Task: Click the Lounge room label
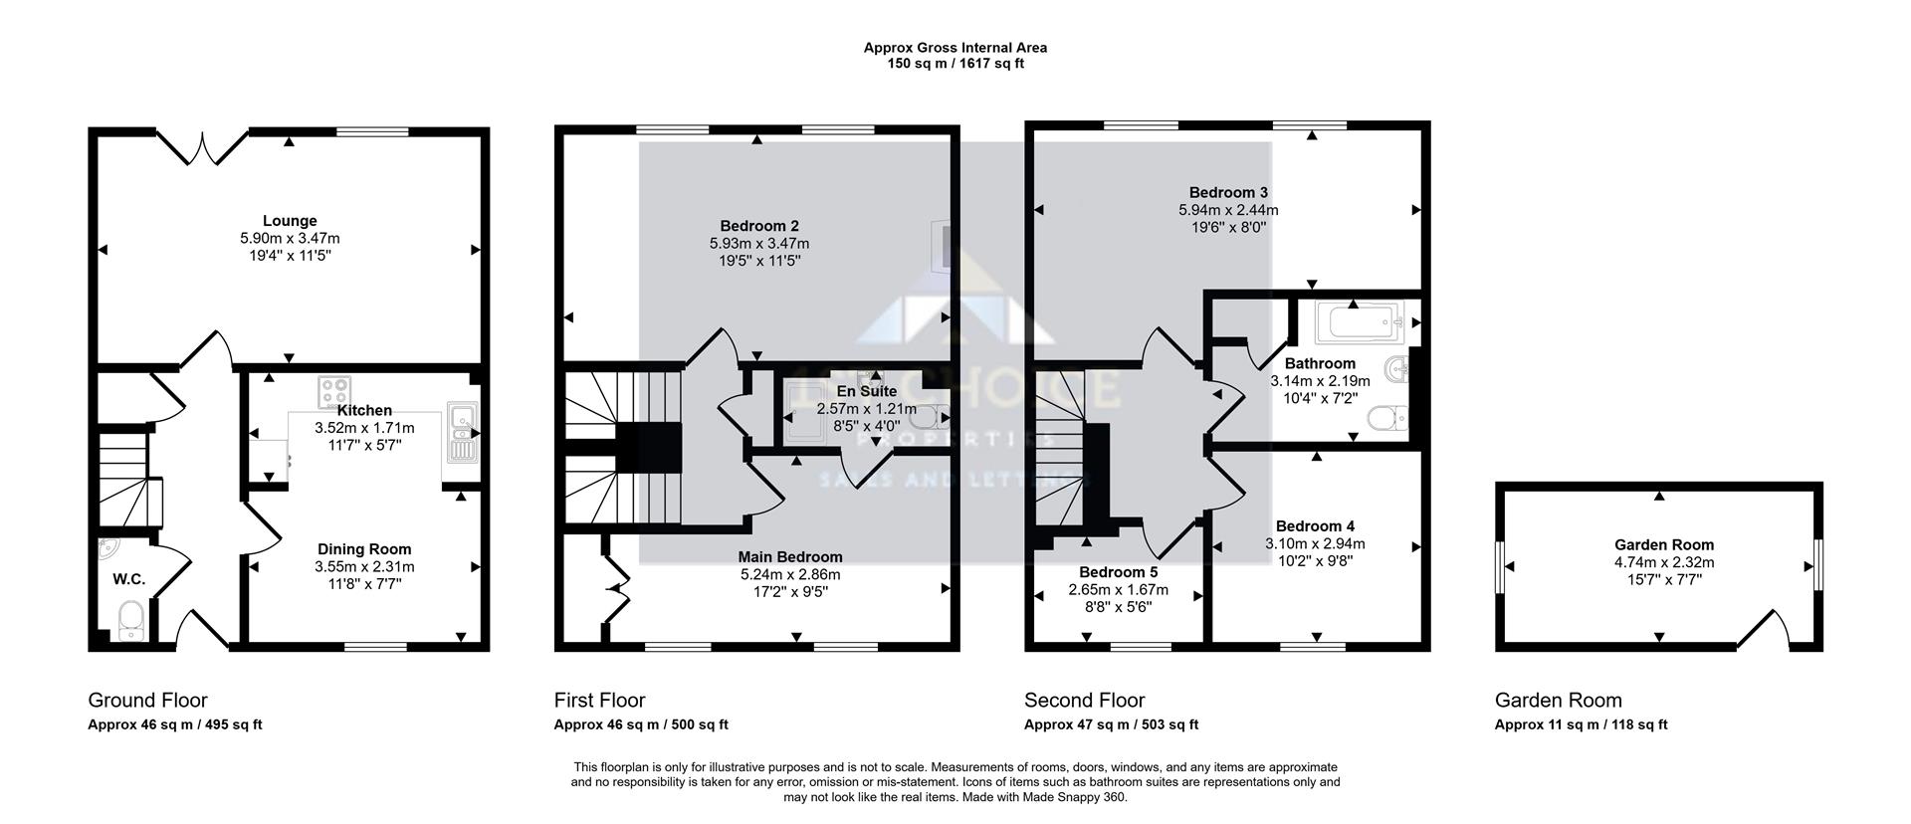click(290, 221)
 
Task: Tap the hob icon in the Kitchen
click(333, 391)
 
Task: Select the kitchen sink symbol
click(463, 432)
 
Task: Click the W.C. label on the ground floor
click(128, 579)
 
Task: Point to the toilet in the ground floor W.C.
click(131, 621)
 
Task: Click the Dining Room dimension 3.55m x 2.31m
click(364, 567)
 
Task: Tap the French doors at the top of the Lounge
click(203, 147)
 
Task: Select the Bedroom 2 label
click(758, 226)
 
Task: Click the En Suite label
click(866, 392)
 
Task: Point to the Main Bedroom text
click(790, 557)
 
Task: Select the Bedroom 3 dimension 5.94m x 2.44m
click(1228, 210)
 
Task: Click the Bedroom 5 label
click(1118, 572)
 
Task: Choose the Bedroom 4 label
click(1315, 526)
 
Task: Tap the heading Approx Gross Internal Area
click(955, 47)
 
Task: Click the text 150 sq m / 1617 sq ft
click(955, 64)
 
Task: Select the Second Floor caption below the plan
click(1084, 701)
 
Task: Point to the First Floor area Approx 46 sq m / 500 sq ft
click(641, 725)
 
